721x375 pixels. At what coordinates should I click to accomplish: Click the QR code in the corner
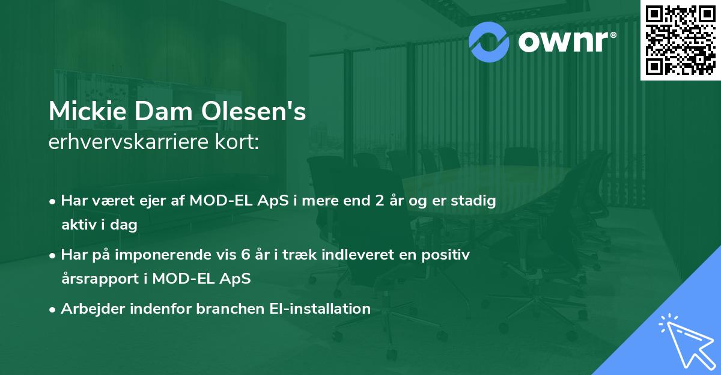[681, 40]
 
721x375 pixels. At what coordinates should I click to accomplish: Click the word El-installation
[318, 309]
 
